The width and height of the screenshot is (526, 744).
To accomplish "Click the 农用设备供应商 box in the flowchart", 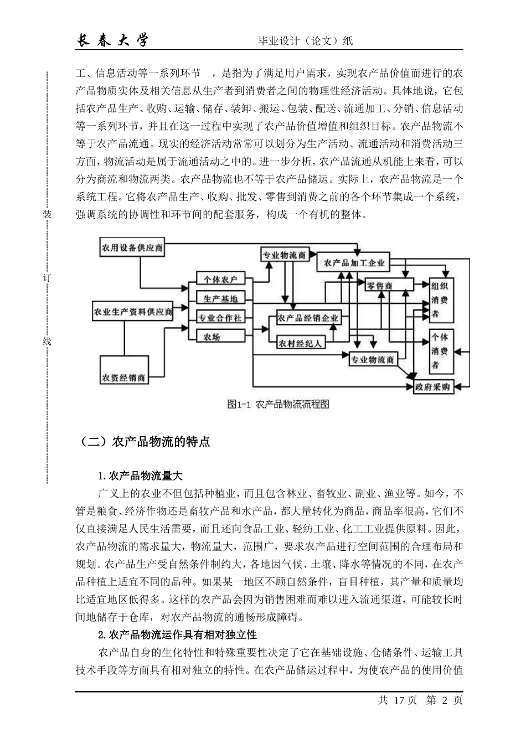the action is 132,248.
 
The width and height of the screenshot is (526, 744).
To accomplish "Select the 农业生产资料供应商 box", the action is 133,312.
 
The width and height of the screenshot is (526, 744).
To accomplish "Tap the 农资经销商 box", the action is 123,378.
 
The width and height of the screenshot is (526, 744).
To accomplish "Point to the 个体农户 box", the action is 220,280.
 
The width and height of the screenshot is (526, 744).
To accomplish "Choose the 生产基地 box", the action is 220,298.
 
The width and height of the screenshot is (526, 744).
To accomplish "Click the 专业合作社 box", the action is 220,318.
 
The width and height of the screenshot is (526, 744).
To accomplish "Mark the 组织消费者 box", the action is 442,300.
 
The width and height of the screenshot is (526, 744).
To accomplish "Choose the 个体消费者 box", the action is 442,351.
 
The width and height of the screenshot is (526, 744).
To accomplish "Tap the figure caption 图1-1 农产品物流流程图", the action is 279,405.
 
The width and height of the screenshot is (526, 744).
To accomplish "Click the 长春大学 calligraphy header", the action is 112,40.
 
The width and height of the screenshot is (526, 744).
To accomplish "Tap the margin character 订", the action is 47,278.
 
